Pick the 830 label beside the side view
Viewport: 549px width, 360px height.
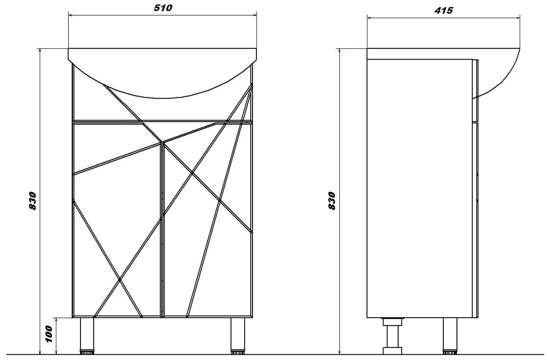coord(332,201)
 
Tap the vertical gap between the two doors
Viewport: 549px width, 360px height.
coord(162,240)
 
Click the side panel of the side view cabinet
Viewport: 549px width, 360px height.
coord(420,188)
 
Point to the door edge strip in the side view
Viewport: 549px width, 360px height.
coord(475,220)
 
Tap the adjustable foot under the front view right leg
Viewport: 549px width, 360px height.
coord(238,353)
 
